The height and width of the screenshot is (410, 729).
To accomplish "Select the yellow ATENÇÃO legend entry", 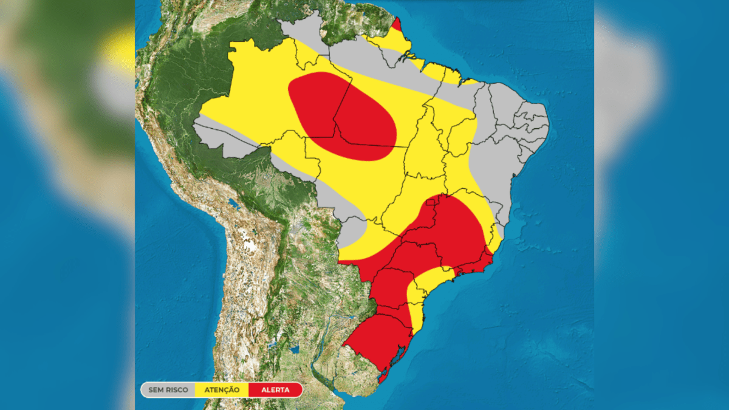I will (222, 389).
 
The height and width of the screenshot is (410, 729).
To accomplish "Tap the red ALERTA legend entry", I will (275, 389).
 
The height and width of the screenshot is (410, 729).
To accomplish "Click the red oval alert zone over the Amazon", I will (340, 115).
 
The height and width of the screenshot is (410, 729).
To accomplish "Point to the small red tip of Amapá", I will (396, 25).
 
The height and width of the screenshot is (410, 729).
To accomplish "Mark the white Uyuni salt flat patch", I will (249, 245).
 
